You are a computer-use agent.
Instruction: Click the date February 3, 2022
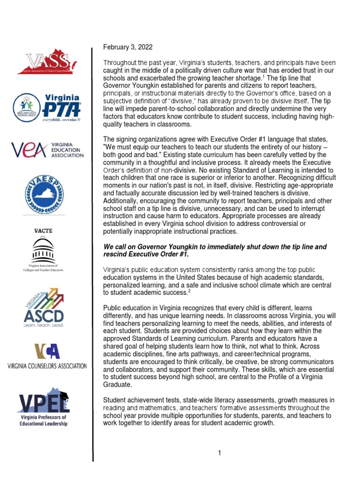pos(128,47)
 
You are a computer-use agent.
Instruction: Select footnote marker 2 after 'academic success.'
pos(189,291)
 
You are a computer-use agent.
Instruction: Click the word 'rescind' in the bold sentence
pos(115,255)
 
